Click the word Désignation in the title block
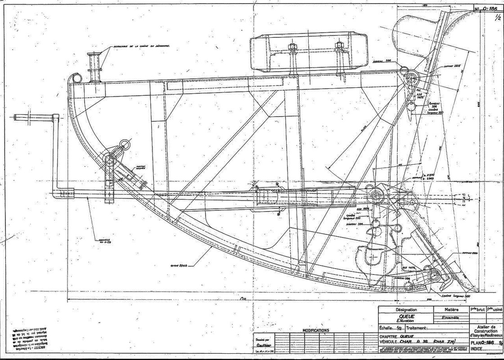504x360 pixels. click(x=406, y=310)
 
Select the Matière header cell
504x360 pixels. click(x=451, y=310)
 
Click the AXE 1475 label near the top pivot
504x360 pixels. click(x=421, y=95)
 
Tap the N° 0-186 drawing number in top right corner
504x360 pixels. click(x=488, y=8)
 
